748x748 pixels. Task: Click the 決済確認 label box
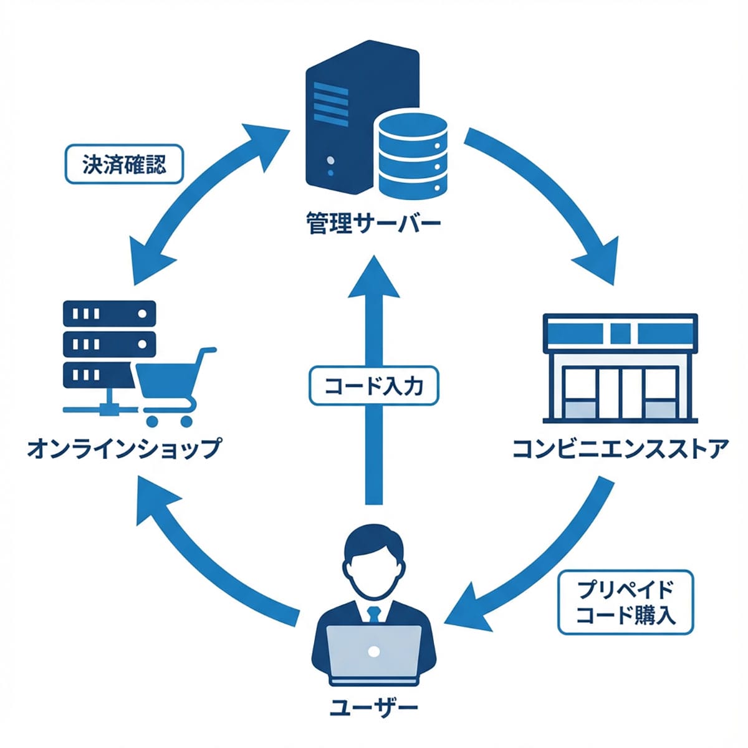tap(124, 165)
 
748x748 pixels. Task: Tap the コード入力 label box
tap(374, 386)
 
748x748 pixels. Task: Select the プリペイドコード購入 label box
tap(625, 602)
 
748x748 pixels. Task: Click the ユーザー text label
tap(373, 707)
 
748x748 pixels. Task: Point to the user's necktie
tap(374, 614)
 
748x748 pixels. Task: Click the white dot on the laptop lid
tap(374, 652)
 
